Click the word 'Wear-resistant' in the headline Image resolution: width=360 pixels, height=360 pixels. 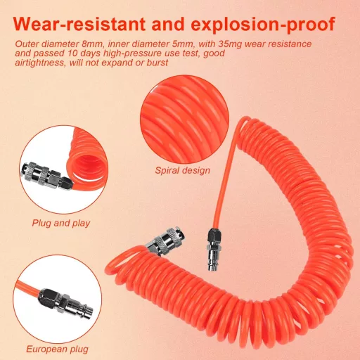(79, 24)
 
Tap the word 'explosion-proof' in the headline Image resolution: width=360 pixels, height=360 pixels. (263, 25)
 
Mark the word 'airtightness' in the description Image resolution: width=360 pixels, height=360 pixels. (39, 63)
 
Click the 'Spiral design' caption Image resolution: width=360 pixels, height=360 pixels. (182, 170)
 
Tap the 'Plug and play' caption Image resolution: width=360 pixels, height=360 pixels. (61, 223)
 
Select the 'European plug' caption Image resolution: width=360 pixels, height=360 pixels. (57, 349)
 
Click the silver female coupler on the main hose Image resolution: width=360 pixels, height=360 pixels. (165, 240)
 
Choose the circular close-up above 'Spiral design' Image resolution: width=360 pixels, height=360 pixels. (184, 120)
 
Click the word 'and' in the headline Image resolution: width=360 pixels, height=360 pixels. (168, 24)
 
